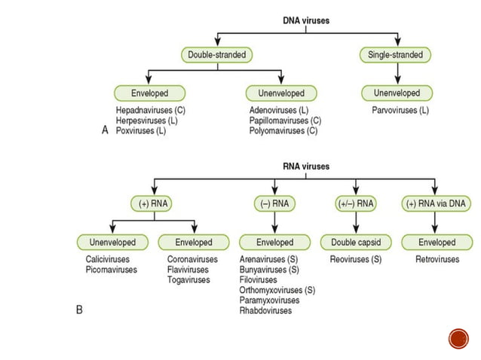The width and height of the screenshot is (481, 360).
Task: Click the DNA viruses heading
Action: pyautogui.click(x=305, y=20)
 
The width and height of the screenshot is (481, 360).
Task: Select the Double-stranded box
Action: pyautogui.click(x=218, y=55)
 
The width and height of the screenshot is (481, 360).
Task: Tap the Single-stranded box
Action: pyautogui.click(x=395, y=55)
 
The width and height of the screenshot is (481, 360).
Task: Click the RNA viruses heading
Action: pyautogui.click(x=305, y=166)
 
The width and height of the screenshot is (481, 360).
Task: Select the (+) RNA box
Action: pyautogui.click(x=155, y=203)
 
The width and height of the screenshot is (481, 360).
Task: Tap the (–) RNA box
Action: pyautogui.click(x=274, y=203)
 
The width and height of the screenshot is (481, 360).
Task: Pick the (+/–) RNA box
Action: pyautogui.click(x=354, y=203)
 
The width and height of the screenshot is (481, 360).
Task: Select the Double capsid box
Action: pyautogui.click(x=354, y=243)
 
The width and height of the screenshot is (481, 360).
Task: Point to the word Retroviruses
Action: pyautogui.click(x=437, y=260)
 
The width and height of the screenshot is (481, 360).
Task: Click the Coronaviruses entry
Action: pyautogui.click(x=193, y=260)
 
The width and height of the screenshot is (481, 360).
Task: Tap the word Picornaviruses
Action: pyautogui.click(x=112, y=270)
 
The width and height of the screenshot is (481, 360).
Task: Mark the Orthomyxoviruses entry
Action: pyautogui.click(x=271, y=290)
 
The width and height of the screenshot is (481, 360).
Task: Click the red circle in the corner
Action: pyautogui.click(x=458, y=338)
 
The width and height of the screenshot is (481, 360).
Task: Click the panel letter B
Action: pyautogui.click(x=79, y=310)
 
